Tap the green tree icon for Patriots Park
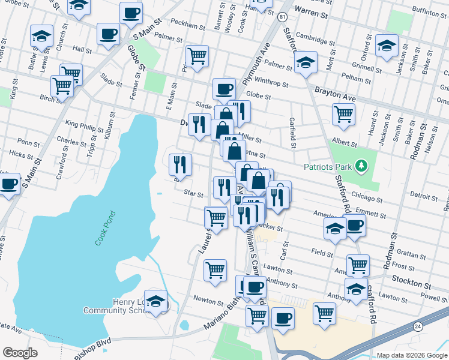coord(361,165)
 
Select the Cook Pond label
coord(104,229)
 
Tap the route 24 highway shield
coord(417,325)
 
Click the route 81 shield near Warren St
coord(282,17)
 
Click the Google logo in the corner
coord(20,353)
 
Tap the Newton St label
coord(208,298)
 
